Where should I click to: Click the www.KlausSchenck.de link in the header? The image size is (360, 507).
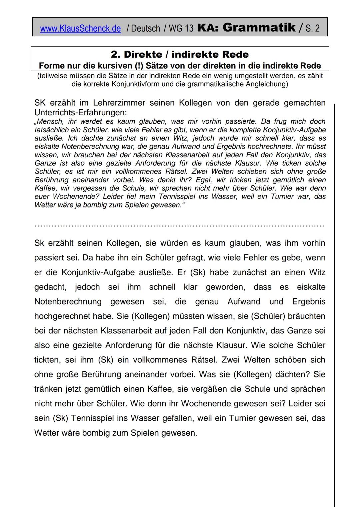[80, 29]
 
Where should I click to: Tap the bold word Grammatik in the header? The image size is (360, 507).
[259, 27]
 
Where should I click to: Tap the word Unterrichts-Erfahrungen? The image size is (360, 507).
[80, 112]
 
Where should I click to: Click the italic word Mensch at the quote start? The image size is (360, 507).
[50, 121]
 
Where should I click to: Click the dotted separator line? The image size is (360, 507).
[179, 226]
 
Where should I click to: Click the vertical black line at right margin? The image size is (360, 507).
[334, 300]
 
